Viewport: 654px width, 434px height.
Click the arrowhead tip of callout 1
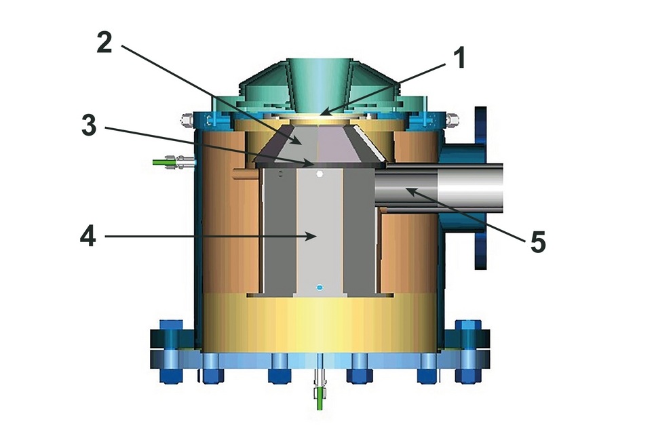click(x=321, y=114)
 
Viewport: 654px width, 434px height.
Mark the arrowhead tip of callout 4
click(x=316, y=235)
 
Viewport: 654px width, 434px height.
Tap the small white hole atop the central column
click(x=321, y=175)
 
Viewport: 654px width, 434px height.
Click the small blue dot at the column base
click(x=321, y=288)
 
